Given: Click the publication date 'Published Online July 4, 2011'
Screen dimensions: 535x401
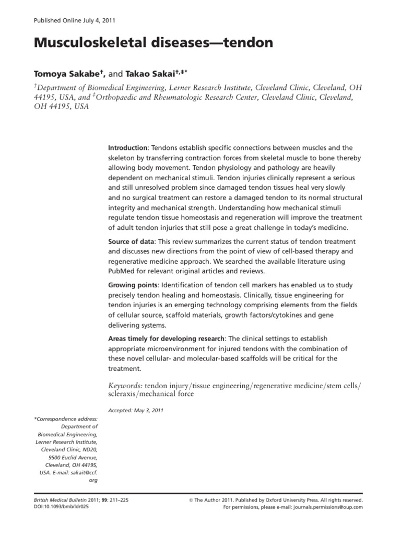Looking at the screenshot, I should coord(75,21).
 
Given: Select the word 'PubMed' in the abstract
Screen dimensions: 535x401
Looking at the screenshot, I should coord(121,272).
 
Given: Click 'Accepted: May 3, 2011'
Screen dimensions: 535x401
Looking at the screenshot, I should coord(136,411).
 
